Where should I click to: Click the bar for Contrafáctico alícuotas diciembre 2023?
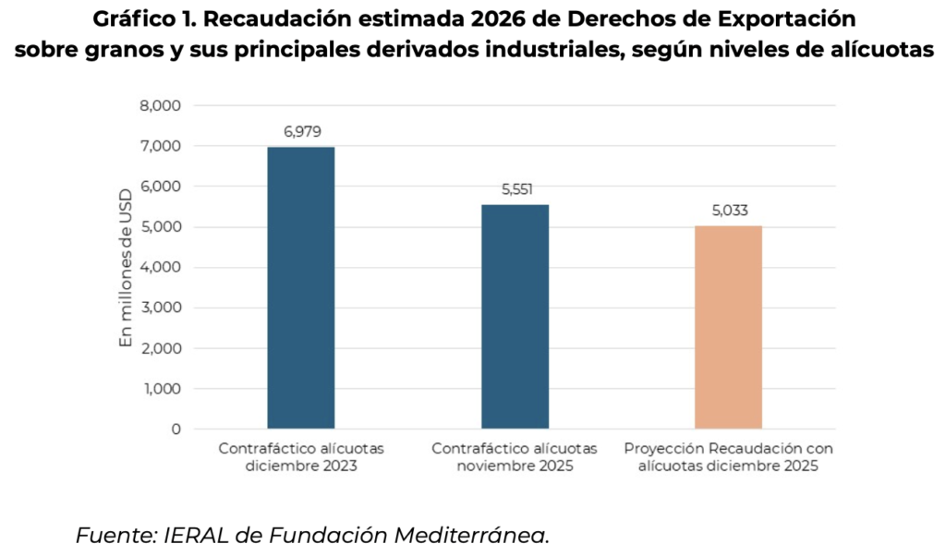click(301, 287)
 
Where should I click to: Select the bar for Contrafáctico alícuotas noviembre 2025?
click(515, 316)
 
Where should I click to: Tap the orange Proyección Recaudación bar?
click(728, 327)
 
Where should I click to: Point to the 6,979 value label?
click(302, 131)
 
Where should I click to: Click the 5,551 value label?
click(515, 188)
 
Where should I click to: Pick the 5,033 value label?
click(729, 210)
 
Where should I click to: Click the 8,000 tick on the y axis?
click(161, 105)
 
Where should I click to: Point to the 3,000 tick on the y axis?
click(161, 308)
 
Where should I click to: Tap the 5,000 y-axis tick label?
click(161, 227)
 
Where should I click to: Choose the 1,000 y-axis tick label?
click(161, 389)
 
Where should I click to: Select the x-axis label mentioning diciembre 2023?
click(301, 457)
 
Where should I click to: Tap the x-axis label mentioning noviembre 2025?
click(515, 457)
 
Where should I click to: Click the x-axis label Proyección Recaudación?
click(728, 457)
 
